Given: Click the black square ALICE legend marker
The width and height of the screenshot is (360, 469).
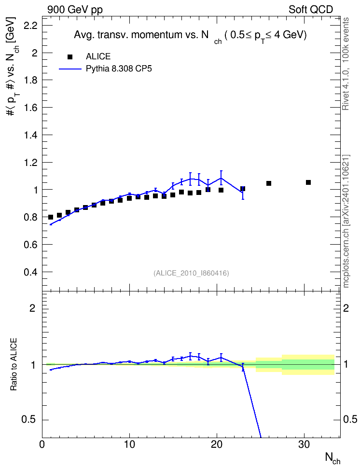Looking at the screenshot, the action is (70, 56).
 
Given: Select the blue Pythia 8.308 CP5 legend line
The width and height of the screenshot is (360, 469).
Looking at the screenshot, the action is (70, 69).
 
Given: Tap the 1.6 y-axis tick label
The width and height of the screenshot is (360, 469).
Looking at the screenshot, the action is (30, 108).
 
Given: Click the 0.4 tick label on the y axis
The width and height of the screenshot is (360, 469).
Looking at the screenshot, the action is (30, 272).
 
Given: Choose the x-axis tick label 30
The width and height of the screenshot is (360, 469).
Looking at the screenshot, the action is (304, 444).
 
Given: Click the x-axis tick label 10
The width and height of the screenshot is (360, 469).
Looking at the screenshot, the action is (129, 444).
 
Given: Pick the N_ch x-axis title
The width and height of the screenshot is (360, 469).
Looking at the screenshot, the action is (333, 458).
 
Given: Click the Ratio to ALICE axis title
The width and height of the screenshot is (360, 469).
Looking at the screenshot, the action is (14, 364).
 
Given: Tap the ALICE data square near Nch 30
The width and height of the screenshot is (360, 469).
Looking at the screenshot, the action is (308, 182).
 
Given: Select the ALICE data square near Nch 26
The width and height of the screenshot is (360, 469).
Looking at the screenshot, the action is (269, 183).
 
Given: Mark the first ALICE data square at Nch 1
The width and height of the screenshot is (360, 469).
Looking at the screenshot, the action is (51, 217).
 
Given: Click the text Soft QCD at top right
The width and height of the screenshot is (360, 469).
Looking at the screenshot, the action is (311, 10).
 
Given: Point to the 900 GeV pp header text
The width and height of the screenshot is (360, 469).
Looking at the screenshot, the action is (75, 10).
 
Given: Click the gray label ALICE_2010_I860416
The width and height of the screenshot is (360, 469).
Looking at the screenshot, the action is (191, 273).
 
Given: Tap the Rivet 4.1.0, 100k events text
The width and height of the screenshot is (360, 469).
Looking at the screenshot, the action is (346, 64).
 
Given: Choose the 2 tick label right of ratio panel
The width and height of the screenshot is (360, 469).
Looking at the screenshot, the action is (346, 308).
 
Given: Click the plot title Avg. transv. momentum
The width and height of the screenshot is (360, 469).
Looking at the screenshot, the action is (190, 36).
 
